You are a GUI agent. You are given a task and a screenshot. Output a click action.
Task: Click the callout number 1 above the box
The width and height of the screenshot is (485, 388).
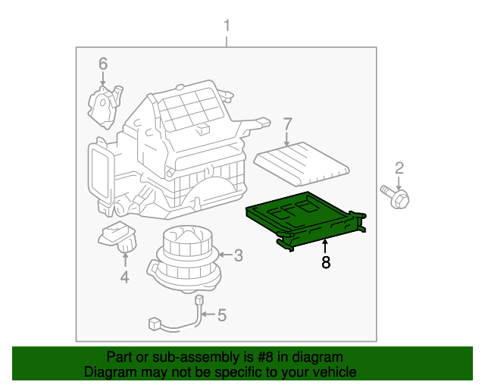[x=227, y=25]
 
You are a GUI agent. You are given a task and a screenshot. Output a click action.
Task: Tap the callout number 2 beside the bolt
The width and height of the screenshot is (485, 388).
[x=399, y=168]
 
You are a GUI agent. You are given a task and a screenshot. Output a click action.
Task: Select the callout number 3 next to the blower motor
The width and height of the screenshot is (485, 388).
[x=238, y=255]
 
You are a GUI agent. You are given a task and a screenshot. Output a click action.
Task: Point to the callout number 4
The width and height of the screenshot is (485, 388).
[x=124, y=277]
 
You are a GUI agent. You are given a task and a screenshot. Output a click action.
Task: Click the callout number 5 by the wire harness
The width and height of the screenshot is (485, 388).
[x=222, y=315]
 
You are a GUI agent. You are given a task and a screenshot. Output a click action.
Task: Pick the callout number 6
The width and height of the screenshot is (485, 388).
[x=103, y=64]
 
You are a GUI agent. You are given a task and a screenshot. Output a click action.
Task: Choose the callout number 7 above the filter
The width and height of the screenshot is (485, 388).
[x=288, y=124]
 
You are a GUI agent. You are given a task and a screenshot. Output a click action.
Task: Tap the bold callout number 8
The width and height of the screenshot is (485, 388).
[x=326, y=262]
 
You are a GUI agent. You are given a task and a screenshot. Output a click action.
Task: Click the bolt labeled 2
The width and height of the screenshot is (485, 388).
[x=395, y=196]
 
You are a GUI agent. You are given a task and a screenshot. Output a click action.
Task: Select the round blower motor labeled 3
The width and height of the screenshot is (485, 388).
[x=185, y=259]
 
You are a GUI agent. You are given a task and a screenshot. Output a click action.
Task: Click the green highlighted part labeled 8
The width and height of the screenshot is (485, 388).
[x=305, y=221]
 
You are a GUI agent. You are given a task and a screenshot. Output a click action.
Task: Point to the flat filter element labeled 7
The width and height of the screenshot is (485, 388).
[x=302, y=164]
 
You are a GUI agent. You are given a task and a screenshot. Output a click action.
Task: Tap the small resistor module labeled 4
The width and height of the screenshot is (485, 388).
[x=117, y=236]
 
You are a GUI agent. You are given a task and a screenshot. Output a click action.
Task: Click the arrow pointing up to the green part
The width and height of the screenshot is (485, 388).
[x=325, y=246]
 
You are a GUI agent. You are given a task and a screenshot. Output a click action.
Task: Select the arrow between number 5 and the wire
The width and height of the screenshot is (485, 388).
[x=209, y=314]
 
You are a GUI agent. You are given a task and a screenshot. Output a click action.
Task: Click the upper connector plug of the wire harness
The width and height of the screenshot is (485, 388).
[x=199, y=300]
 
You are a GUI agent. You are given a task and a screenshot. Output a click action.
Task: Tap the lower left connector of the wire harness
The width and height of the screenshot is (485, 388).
[x=154, y=324]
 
